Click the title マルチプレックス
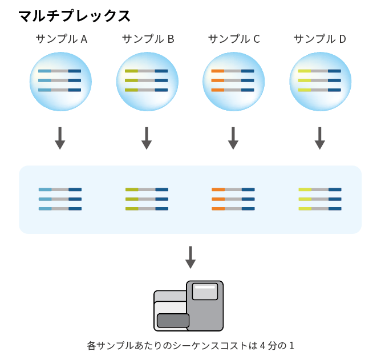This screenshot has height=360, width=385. coord(74,16)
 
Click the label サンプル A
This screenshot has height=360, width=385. coord(62,39)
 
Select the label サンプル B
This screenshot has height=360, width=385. coord(148,39)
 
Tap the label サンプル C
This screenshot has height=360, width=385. coord(234,39)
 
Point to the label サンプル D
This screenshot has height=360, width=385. coord(319,39)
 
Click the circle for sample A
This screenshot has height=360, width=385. coord(60,82)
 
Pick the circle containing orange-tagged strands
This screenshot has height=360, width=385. coord(233,82)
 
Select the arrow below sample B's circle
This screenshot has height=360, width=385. coord(147,138)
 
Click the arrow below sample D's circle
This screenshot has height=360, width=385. coord(319,138)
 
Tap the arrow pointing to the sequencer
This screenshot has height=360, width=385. coord(191,257)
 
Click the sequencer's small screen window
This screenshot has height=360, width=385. coord(205,292)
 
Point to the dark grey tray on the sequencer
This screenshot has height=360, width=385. coord(173,321)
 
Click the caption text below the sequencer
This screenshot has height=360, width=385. coord(191,346)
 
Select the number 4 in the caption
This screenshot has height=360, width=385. coord(262,346)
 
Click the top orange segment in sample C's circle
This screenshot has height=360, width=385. coord(218,71)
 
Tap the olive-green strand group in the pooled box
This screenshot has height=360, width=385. coord(147,199)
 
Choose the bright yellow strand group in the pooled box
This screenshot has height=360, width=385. coord(320,199)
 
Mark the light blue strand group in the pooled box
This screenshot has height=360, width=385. coord(60,199)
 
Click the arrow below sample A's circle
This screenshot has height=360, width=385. coord(60,138)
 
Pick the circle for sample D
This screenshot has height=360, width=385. coord(320,82)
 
